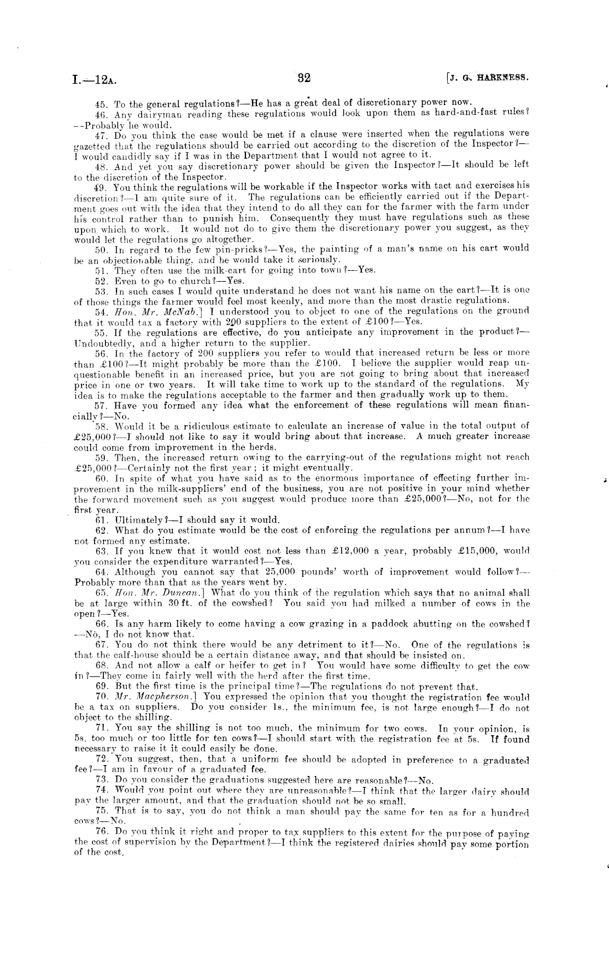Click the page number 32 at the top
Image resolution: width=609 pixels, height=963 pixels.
pyautogui.click(x=304, y=78)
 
